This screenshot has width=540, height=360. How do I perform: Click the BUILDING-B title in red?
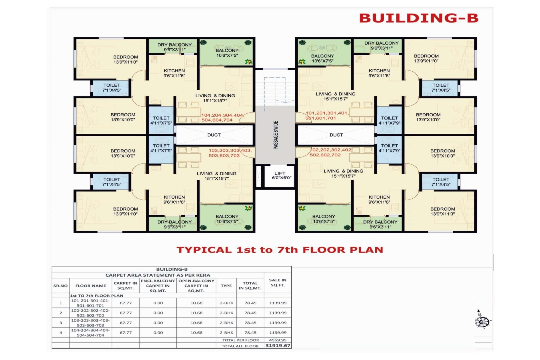click(419, 18)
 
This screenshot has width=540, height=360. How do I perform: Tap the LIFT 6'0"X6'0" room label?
click(281, 175)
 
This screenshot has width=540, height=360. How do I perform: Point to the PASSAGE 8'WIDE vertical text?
click(276, 135)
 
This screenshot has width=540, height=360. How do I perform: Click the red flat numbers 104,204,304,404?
click(222, 115)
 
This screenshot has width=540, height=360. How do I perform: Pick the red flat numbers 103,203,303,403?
click(230, 150)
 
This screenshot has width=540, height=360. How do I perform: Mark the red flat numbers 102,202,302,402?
click(331, 150)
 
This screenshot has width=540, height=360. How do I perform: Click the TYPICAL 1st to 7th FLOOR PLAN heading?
click(280, 250)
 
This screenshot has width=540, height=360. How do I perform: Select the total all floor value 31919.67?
click(278, 346)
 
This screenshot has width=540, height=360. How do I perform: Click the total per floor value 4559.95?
click(278, 340)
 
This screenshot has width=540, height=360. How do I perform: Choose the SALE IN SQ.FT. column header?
click(278, 283)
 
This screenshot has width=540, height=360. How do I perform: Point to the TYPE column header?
click(226, 286)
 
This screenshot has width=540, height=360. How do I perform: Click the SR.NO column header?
click(61, 286)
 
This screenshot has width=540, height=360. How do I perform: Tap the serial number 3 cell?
click(61, 323)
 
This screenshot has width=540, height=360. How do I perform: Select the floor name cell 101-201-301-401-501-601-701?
click(90, 303)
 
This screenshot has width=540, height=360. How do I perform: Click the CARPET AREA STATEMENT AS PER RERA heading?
click(158, 275)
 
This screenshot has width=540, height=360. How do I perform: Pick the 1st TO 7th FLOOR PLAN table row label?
click(97, 295)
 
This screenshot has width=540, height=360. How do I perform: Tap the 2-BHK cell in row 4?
click(226, 333)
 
